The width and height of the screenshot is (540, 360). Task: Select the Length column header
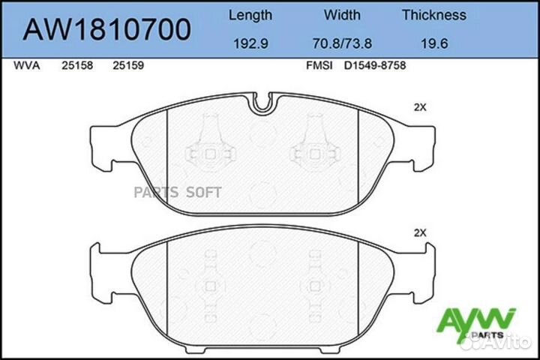pos(250,15)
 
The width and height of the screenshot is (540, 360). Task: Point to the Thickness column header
pos(433,15)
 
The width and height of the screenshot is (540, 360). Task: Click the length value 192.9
pos(250,44)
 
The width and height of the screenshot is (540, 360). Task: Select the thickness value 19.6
pos(433,44)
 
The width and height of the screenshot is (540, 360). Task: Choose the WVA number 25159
pos(128,66)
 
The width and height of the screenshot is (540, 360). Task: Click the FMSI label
pos(319,66)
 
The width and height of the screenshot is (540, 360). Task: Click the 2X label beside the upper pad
pos(420,107)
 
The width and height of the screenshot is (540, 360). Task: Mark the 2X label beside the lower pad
pos(420,233)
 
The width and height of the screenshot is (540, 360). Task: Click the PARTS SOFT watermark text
pos(177,192)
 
